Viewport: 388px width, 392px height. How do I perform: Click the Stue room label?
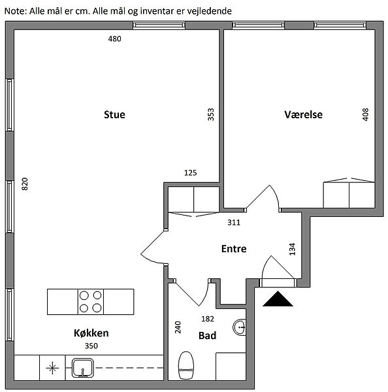point(114,114)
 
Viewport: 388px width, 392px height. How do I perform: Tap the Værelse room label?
point(303,114)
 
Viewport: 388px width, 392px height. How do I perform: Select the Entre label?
point(234,249)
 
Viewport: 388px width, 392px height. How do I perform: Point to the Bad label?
point(207,336)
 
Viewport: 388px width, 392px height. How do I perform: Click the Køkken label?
point(91,333)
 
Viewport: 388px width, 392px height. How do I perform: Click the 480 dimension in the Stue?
point(114,39)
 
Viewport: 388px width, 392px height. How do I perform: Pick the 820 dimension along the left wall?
point(25,184)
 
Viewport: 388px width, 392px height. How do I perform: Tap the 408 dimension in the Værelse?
point(365,114)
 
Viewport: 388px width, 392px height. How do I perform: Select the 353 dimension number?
point(211,114)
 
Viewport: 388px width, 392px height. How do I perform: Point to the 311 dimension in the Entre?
point(234,222)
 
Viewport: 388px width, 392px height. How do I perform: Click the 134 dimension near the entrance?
point(292,249)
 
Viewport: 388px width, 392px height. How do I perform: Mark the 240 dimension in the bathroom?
point(178,327)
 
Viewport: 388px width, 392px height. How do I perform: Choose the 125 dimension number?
point(191,172)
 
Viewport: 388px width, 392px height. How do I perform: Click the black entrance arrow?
point(278,299)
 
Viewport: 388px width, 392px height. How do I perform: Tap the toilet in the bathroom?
point(186,365)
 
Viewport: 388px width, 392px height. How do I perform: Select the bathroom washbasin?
point(240,327)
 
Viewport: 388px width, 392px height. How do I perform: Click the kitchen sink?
point(83,368)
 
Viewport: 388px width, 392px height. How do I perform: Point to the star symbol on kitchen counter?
point(52,368)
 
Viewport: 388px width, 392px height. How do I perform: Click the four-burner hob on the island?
point(91,302)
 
